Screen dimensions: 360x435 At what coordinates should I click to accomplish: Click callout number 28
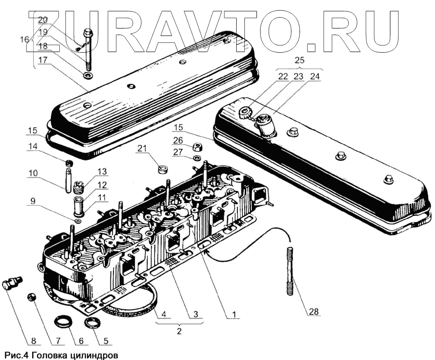tap(314, 312)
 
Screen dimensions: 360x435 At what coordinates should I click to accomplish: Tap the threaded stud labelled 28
tap(290, 271)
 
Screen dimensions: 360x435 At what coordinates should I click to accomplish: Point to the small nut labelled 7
tap(31, 297)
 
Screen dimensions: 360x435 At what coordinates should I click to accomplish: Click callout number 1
tap(234, 313)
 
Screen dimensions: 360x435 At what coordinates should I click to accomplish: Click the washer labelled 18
tap(87, 77)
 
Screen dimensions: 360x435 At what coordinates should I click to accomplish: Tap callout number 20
tap(43, 20)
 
